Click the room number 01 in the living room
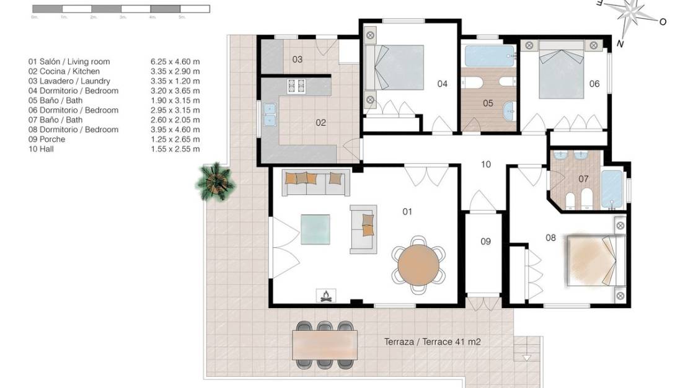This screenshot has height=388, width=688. pos(407,212)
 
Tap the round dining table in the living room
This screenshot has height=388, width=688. pos(418,263)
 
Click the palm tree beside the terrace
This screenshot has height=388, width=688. pos(215,182)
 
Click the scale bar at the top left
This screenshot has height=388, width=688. pos(120,9)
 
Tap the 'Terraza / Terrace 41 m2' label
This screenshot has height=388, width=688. pos(432,342)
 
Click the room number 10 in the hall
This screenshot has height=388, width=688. pos(486,164)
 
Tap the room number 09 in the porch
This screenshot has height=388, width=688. pos(485,241)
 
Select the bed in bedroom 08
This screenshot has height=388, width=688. pos(594,260)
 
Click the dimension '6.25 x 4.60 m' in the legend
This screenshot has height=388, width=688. pos(175,62)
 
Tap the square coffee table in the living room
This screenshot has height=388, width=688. pos(315,229)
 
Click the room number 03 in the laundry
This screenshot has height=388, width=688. pos(298,60)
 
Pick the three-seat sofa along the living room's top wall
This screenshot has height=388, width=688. pos(315,181)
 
